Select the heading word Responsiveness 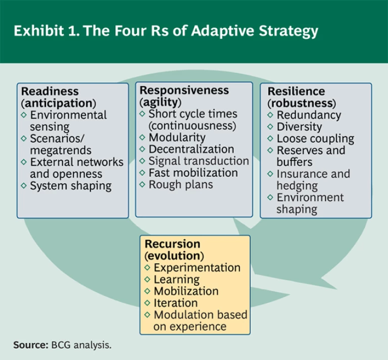(x=184, y=90)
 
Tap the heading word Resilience (x=296, y=91)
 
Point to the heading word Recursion (x=172, y=244)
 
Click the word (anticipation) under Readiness (x=59, y=103)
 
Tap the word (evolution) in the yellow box (x=174, y=256)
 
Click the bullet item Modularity (x=177, y=137)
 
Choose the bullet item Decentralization (x=191, y=149)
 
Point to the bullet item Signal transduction (x=199, y=161)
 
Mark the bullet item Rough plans (x=180, y=185)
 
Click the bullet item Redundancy (x=309, y=115)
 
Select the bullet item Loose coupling (x=315, y=139)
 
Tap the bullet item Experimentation (x=197, y=268)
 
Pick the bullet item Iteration (x=175, y=303)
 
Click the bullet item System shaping (x=70, y=186)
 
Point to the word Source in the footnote (x=30, y=345)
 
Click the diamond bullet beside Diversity (x=270, y=127)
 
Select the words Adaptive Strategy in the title (x=259, y=31)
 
